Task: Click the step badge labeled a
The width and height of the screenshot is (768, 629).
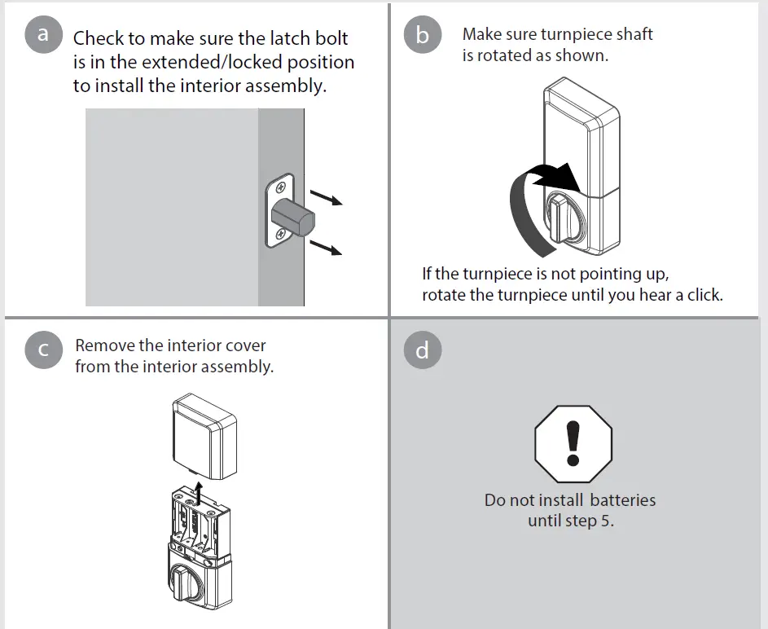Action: tap(43, 35)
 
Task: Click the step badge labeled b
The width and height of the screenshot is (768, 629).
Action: tap(422, 35)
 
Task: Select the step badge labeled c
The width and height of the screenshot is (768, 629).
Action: tap(43, 350)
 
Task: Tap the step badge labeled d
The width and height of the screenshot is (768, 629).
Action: tap(422, 350)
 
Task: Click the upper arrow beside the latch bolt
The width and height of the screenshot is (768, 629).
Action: tap(327, 198)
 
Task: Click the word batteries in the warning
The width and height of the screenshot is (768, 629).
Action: tap(623, 500)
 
